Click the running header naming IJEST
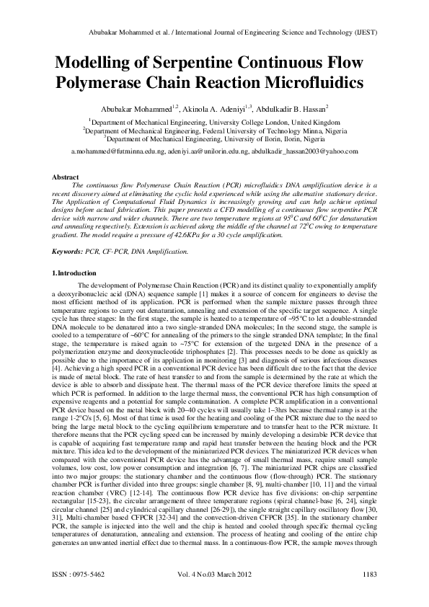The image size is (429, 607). [214, 33]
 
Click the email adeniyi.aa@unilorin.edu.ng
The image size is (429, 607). [208, 151]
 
